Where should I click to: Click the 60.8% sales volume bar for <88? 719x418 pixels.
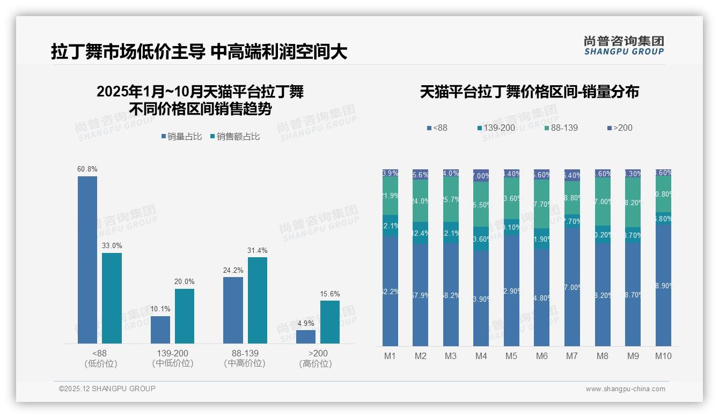click(87, 260)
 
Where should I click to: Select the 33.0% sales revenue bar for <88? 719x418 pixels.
click(112, 298)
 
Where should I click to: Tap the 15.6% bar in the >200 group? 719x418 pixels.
click(330, 322)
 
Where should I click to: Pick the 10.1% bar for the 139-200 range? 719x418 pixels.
click(160, 330)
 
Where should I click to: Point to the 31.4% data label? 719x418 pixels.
click(258, 250)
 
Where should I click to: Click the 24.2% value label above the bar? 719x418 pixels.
click(233, 270)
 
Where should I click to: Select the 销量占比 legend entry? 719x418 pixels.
click(182, 137)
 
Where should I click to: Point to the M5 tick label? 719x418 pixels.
click(511, 356)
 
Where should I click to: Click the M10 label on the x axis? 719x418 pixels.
click(663, 356)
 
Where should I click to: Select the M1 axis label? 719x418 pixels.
click(390, 356)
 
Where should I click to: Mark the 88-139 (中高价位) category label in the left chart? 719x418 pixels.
click(245, 358)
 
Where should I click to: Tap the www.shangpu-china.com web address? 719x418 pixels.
click(625, 389)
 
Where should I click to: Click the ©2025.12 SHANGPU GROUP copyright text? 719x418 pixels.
click(107, 389)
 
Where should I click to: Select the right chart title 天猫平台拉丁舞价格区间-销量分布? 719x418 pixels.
click(529, 92)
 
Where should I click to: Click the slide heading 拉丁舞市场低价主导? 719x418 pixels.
click(128, 52)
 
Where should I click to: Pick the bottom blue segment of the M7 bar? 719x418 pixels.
click(572, 287)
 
